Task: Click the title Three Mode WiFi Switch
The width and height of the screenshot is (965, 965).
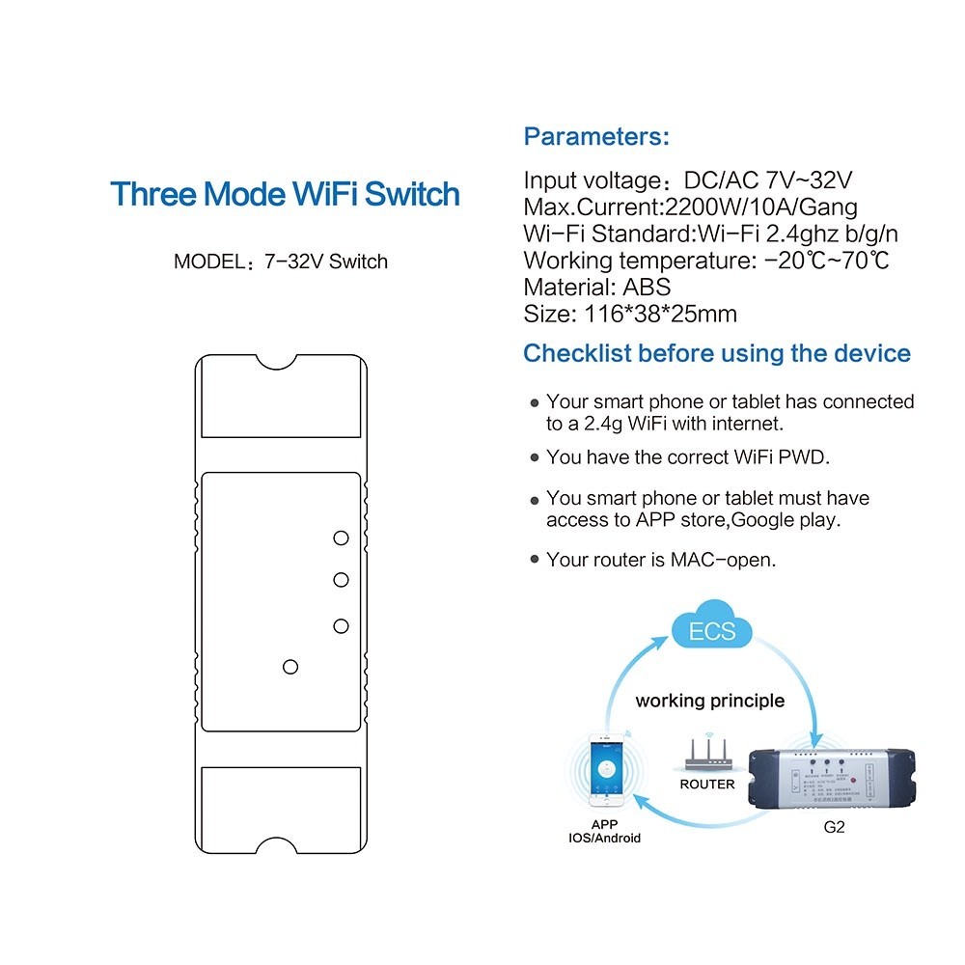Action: (x=285, y=194)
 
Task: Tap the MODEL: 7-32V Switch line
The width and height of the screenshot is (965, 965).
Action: (x=281, y=262)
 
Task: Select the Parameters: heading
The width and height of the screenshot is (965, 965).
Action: (x=596, y=137)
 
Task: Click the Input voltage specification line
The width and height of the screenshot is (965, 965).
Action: (x=688, y=180)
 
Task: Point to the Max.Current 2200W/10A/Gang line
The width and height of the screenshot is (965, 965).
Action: (x=690, y=207)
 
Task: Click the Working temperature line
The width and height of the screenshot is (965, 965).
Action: (x=705, y=261)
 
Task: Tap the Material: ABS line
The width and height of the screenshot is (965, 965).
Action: (x=596, y=287)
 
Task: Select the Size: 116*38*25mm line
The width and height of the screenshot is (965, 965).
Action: (x=630, y=314)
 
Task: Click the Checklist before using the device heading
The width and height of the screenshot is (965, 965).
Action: (x=716, y=353)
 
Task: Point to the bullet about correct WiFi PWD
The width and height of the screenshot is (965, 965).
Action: (x=687, y=457)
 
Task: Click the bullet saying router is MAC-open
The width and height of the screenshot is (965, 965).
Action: (x=660, y=560)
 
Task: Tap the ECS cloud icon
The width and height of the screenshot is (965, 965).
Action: (x=713, y=631)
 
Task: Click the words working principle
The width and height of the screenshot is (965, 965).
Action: (x=709, y=701)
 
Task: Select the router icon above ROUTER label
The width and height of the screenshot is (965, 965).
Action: (x=706, y=754)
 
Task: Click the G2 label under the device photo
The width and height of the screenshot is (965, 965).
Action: (x=835, y=827)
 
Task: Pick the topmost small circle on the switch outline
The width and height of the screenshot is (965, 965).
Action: (x=340, y=538)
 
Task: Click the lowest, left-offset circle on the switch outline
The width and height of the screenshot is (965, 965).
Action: (x=289, y=666)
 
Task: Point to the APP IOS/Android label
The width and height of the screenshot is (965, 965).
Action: (x=604, y=831)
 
